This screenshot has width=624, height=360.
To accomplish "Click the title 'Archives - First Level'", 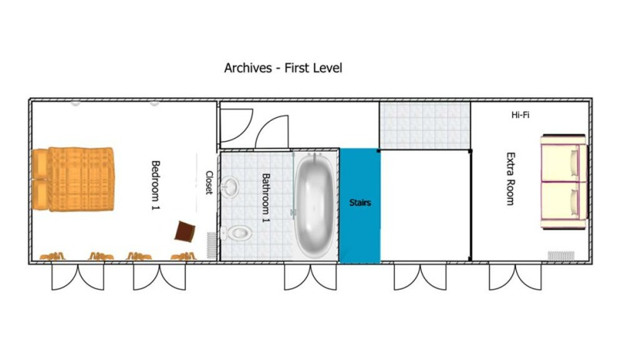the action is pos(283,67).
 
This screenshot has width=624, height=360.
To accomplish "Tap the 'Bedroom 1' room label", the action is pos(155,185).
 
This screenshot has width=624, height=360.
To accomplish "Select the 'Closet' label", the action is pos(209,182).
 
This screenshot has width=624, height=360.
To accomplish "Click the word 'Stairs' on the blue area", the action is pos(360,203).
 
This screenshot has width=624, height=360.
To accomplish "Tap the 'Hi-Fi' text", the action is pos(520,115).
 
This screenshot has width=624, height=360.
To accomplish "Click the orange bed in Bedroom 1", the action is pos(73,178).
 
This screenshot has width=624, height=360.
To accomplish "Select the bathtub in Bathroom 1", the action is pos(315,205).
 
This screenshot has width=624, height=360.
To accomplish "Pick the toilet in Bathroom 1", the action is pos(236,233).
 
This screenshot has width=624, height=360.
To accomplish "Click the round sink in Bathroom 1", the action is pos(230,186).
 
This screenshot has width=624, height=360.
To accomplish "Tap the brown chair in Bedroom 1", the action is pos(185,231).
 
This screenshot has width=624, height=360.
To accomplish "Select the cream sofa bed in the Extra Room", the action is pos(564,182).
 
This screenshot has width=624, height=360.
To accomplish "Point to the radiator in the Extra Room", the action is pos(561,256).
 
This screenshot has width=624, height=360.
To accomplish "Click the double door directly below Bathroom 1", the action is pos(310,277).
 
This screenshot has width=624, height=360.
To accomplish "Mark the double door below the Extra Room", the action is pos(515,277).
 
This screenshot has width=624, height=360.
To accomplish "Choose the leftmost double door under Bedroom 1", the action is pos(78,277).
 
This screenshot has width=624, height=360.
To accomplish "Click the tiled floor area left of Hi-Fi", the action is pos(425,126).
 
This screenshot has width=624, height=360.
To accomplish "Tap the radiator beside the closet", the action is pos(212,246).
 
